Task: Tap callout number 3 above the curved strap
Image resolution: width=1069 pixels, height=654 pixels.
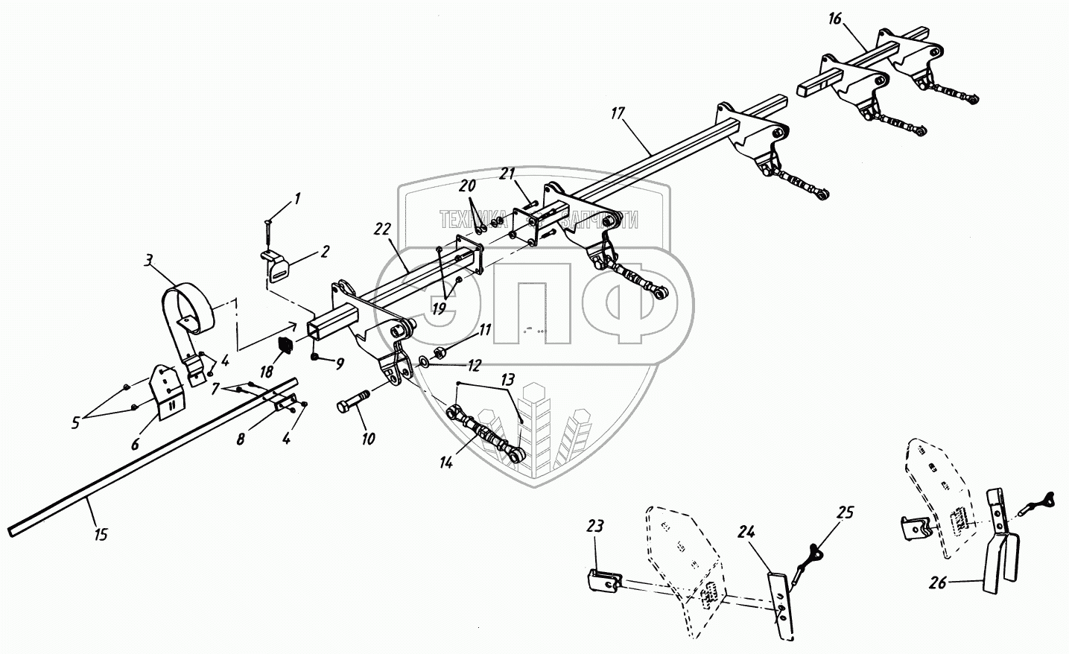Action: [x=149, y=260]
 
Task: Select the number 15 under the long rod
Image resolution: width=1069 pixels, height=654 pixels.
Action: [x=101, y=533]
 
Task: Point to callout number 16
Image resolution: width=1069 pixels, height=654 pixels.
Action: [x=834, y=19]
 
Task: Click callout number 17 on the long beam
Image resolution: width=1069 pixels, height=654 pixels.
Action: [x=618, y=114]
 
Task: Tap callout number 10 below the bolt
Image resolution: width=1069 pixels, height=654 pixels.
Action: [x=368, y=439]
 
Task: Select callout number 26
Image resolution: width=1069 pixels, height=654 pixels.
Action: [x=937, y=582]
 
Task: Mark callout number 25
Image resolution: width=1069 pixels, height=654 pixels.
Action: [x=845, y=512]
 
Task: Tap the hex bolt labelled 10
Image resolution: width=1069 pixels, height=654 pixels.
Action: [x=355, y=406]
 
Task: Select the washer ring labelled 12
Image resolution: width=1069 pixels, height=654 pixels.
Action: [x=423, y=361]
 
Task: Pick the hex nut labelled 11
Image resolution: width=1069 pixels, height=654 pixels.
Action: [x=440, y=350]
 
